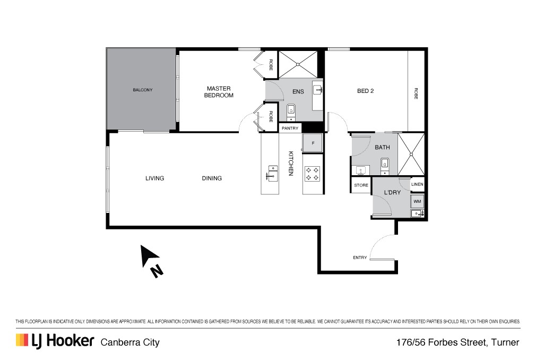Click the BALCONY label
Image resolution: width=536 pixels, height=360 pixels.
[x=143, y=90]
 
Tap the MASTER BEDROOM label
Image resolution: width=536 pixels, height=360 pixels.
[x=219, y=92]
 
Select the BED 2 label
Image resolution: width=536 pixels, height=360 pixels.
[x=366, y=91]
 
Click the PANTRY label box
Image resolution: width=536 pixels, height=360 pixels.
[x=290, y=128]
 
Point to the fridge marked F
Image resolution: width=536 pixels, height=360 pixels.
[x=313, y=143]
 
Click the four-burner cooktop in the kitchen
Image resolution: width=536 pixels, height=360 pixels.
[x=313, y=173]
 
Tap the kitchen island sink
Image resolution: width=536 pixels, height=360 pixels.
[x=272, y=173]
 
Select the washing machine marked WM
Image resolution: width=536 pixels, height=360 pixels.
[x=417, y=201]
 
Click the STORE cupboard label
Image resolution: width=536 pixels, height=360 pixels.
[x=361, y=185]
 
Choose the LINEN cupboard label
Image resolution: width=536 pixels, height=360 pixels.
[x=417, y=184]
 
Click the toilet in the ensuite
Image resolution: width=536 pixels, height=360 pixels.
[x=291, y=112]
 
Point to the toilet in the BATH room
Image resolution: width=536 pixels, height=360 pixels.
[x=385, y=166]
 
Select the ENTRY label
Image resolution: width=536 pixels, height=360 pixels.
[x=360, y=258]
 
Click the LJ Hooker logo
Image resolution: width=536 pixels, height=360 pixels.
[x=55, y=341]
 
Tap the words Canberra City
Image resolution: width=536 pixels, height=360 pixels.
[x=130, y=342]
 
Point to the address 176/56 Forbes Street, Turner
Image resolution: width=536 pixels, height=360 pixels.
[x=457, y=342]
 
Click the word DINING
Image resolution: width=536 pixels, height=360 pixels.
[x=212, y=178]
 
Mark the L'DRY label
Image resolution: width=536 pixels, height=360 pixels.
[x=392, y=193]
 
